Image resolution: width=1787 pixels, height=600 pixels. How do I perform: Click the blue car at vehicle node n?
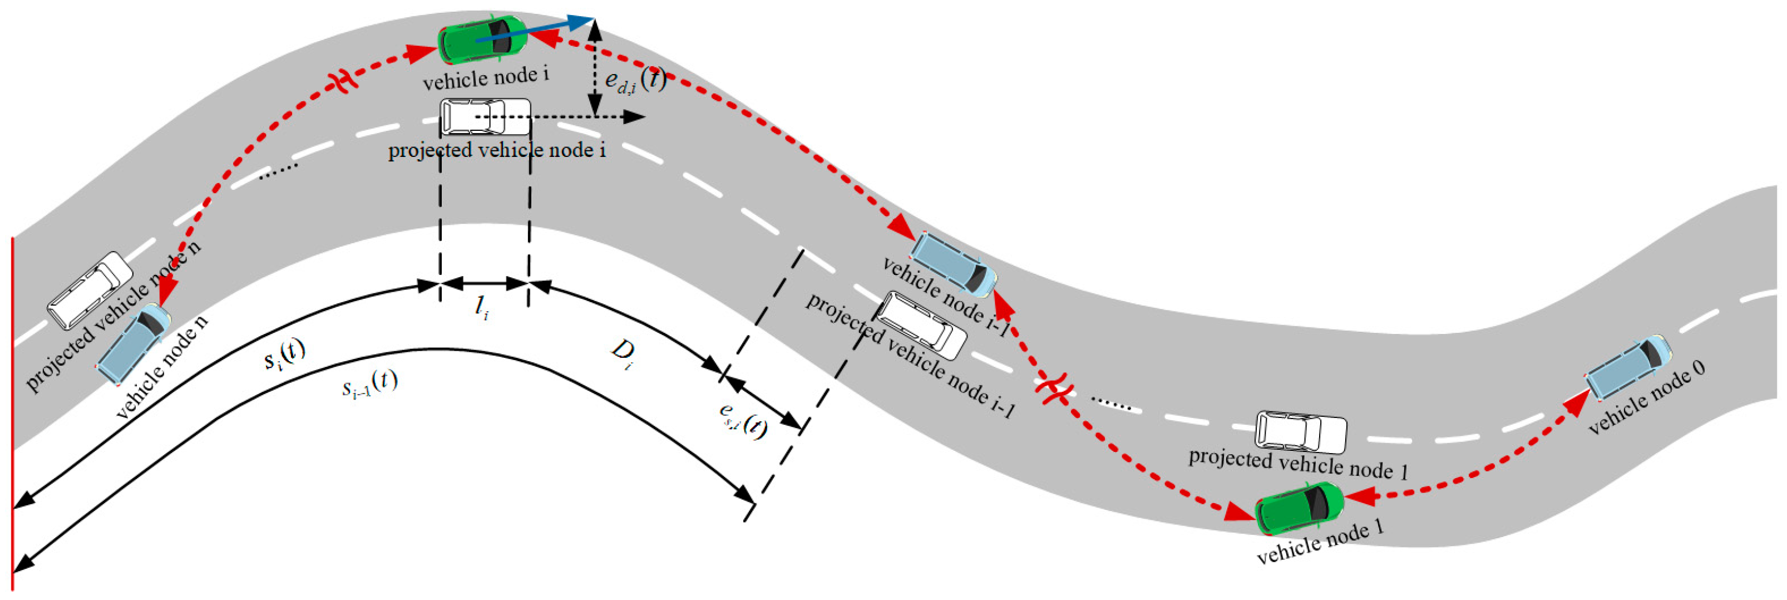click(133, 344)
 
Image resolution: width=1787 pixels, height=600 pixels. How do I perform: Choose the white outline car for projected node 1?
click(1301, 431)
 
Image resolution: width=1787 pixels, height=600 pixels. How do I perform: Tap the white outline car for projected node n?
click(90, 290)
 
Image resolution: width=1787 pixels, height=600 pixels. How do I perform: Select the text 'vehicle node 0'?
click(1646, 397)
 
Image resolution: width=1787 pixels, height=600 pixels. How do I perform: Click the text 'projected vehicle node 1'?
click(1298, 464)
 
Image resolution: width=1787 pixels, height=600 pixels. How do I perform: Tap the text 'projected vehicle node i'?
click(497, 150)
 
